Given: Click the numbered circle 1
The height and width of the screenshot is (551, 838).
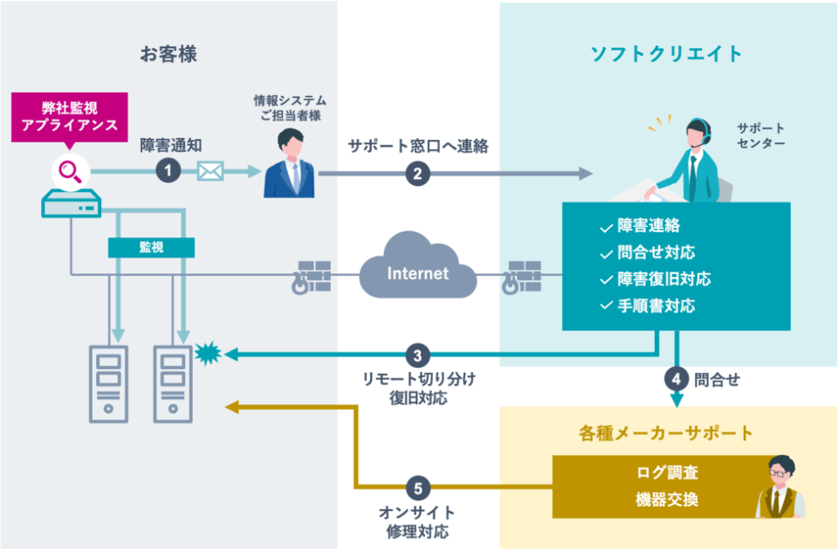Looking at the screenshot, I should click(x=168, y=171).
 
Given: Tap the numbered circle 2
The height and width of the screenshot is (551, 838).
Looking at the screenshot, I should click(x=417, y=173).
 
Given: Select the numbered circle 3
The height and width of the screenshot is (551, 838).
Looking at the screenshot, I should click(x=417, y=355).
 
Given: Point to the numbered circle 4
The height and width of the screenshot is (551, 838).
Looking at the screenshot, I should click(x=677, y=379).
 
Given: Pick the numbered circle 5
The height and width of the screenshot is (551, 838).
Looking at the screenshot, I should click(x=417, y=487).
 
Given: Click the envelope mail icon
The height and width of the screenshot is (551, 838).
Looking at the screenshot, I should click(x=210, y=171).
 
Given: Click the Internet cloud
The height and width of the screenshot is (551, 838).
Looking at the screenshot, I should click(x=417, y=273).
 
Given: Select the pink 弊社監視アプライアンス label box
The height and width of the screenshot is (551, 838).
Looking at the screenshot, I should click(x=70, y=116).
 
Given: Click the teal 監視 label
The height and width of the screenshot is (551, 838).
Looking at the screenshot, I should click(x=150, y=247).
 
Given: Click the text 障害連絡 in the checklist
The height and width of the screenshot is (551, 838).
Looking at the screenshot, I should click(x=649, y=225).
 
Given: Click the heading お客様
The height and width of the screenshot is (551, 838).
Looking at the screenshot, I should click(x=168, y=54).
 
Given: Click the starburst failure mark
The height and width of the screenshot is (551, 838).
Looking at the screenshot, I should click(x=208, y=354).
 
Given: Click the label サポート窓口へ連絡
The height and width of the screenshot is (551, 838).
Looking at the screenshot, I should click(x=417, y=146).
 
